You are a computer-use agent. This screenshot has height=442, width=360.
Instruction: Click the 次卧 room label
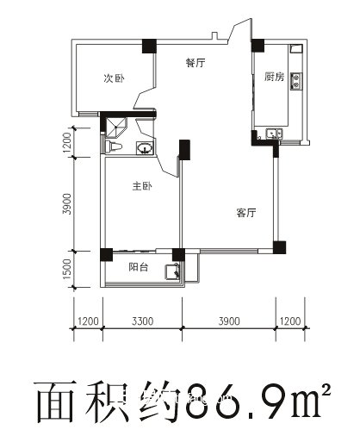[x=114, y=78]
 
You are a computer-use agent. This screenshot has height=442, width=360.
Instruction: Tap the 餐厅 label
[x=195, y=63]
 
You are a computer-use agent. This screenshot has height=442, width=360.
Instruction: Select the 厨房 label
[x=275, y=77]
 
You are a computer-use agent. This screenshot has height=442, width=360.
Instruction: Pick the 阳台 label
[x=139, y=268]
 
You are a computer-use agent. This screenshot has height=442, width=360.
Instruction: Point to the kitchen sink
[x=273, y=134]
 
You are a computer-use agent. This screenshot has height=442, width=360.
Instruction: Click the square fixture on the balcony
[x=173, y=272]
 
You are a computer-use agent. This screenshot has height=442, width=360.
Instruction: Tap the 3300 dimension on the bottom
[x=143, y=321]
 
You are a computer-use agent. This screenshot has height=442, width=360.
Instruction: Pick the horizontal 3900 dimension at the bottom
[x=228, y=321]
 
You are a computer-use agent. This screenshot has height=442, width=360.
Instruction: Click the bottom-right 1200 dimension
[x=289, y=321]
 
